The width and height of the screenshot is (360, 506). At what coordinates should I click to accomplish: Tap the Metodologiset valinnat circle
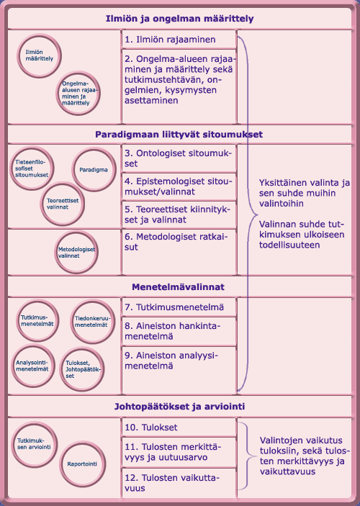click(x=78, y=252)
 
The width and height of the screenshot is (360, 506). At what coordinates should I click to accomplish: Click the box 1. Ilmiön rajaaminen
click(x=179, y=39)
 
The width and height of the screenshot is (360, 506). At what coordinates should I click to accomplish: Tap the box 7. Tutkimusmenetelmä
click(x=179, y=307)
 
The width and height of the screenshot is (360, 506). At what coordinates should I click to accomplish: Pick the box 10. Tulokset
click(x=179, y=427)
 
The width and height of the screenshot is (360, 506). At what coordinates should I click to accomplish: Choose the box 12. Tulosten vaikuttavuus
click(x=179, y=482)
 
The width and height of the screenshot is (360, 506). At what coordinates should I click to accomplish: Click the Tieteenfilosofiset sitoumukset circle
click(x=32, y=170)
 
